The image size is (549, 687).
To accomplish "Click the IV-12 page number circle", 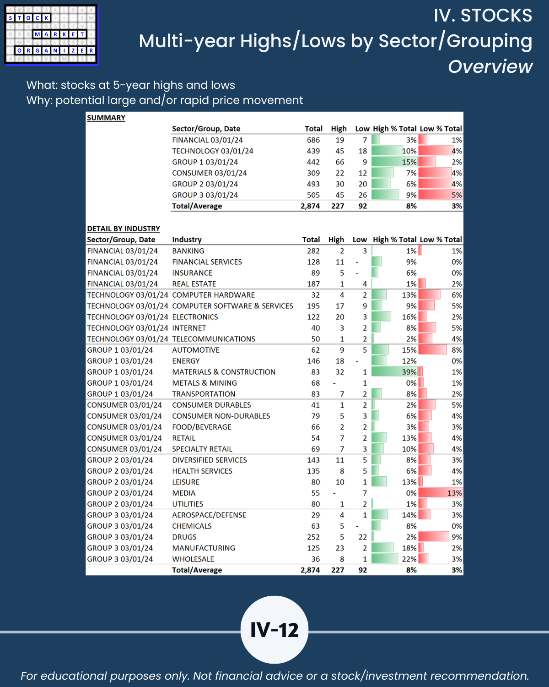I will pyautogui.click(x=274, y=630).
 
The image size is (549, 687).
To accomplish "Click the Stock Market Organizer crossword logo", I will pyautogui.click(x=51, y=35).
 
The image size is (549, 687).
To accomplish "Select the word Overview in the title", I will pyautogui.click(x=490, y=67).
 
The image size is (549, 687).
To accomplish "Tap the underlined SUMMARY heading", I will pyautogui.click(x=106, y=118).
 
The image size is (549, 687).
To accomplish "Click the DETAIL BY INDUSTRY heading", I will pyautogui.click(x=124, y=229).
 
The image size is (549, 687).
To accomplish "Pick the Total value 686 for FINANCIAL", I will pyautogui.click(x=313, y=140).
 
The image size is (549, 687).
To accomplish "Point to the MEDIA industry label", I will pyautogui.click(x=184, y=493).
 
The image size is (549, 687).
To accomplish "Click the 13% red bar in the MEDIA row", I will pyautogui.click(x=440, y=493).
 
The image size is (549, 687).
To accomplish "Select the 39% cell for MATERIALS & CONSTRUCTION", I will pyautogui.click(x=394, y=372).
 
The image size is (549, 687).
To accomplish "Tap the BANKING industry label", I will pyautogui.click(x=188, y=251).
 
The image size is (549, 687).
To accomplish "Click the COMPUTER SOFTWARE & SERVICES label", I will pyautogui.click(x=232, y=306).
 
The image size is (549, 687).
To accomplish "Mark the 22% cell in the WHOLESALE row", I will pyautogui.click(x=394, y=559).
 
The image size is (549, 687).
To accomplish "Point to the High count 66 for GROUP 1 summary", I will pyautogui.click(x=339, y=162).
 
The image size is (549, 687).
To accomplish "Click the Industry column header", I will pyautogui.click(x=187, y=240).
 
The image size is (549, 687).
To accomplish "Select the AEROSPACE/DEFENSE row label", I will pyautogui.click(x=209, y=515).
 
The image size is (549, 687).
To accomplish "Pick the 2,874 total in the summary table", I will pyautogui.click(x=310, y=206).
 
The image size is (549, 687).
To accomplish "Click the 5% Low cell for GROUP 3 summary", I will pyautogui.click(x=441, y=195).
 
